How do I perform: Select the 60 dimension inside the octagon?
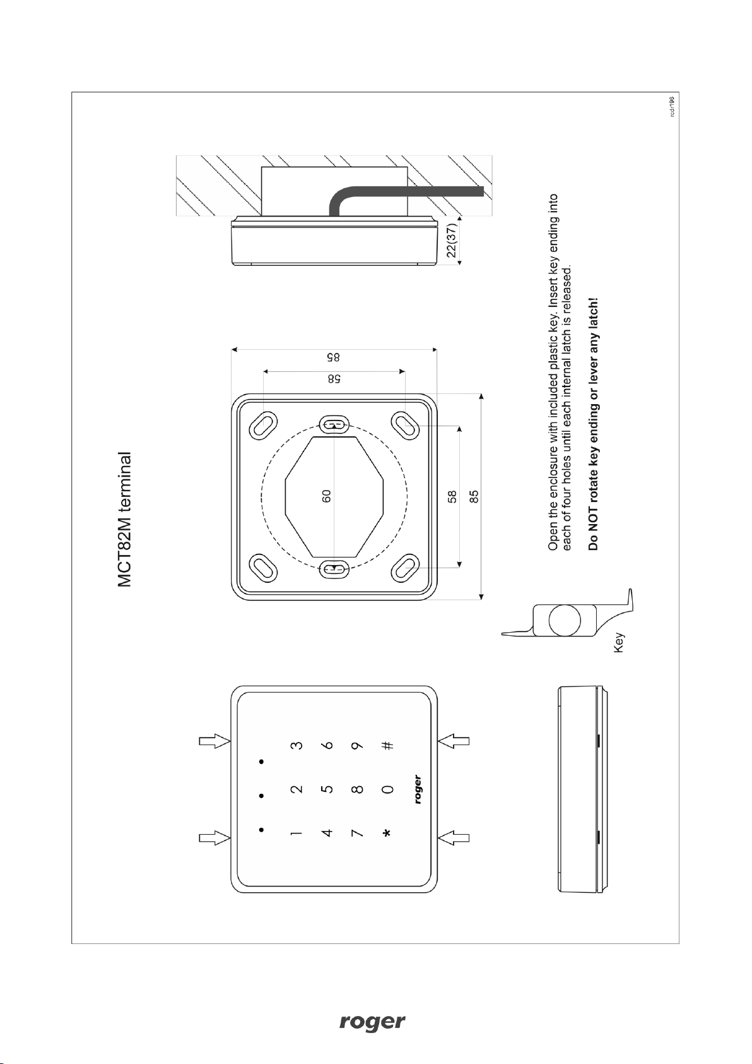tap(326, 496)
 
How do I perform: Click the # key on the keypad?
tap(389, 745)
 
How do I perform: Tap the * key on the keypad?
tap(387, 833)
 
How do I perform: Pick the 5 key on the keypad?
tap(327, 789)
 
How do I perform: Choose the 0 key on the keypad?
tap(388, 789)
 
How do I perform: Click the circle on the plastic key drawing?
tap(565, 620)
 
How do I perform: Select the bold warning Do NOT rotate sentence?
tap(594, 424)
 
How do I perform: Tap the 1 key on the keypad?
tap(296, 833)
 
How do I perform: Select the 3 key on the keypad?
tap(296, 745)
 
